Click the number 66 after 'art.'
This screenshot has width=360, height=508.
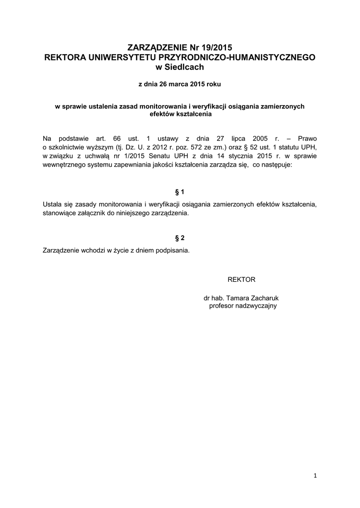pyautogui.click(x=117, y=138)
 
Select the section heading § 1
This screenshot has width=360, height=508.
pyautogui.click(x=180, y=191)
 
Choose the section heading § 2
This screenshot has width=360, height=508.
pyautogui.click(x=180, y=238)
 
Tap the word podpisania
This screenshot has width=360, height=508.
pyautogui.click(x=173, y=251)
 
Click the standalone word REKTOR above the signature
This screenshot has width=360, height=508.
pyautogui.click(x=241, y=279)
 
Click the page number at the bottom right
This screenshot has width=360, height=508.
pyautogui.click(x=315, y=476)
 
